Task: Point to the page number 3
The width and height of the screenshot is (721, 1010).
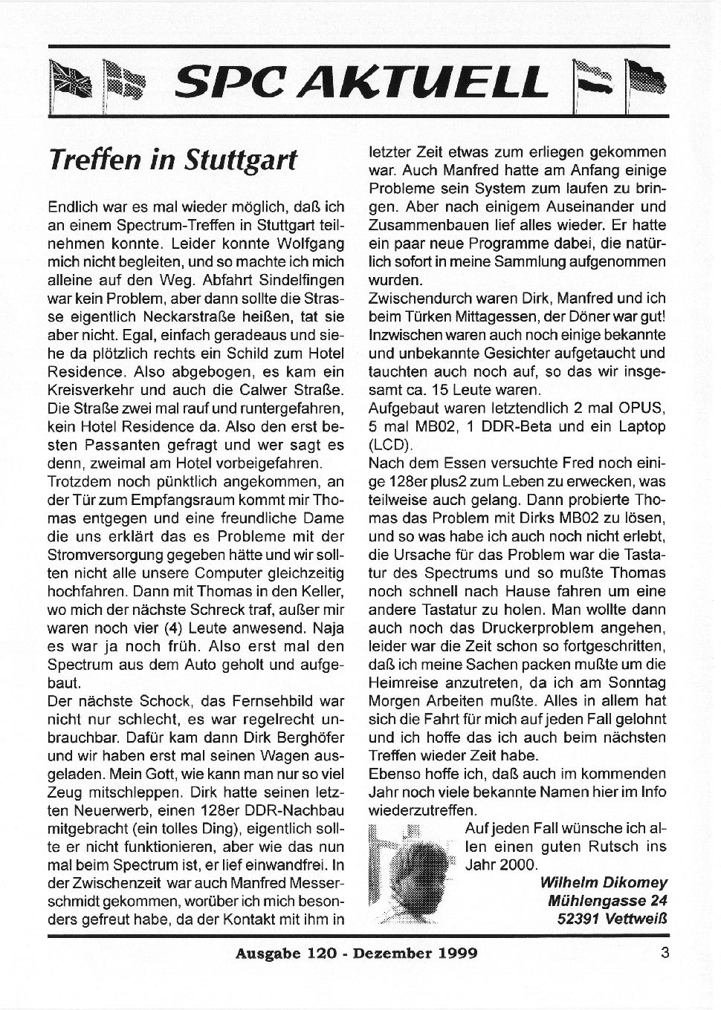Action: pyautogui.click(x=664, y=951)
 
